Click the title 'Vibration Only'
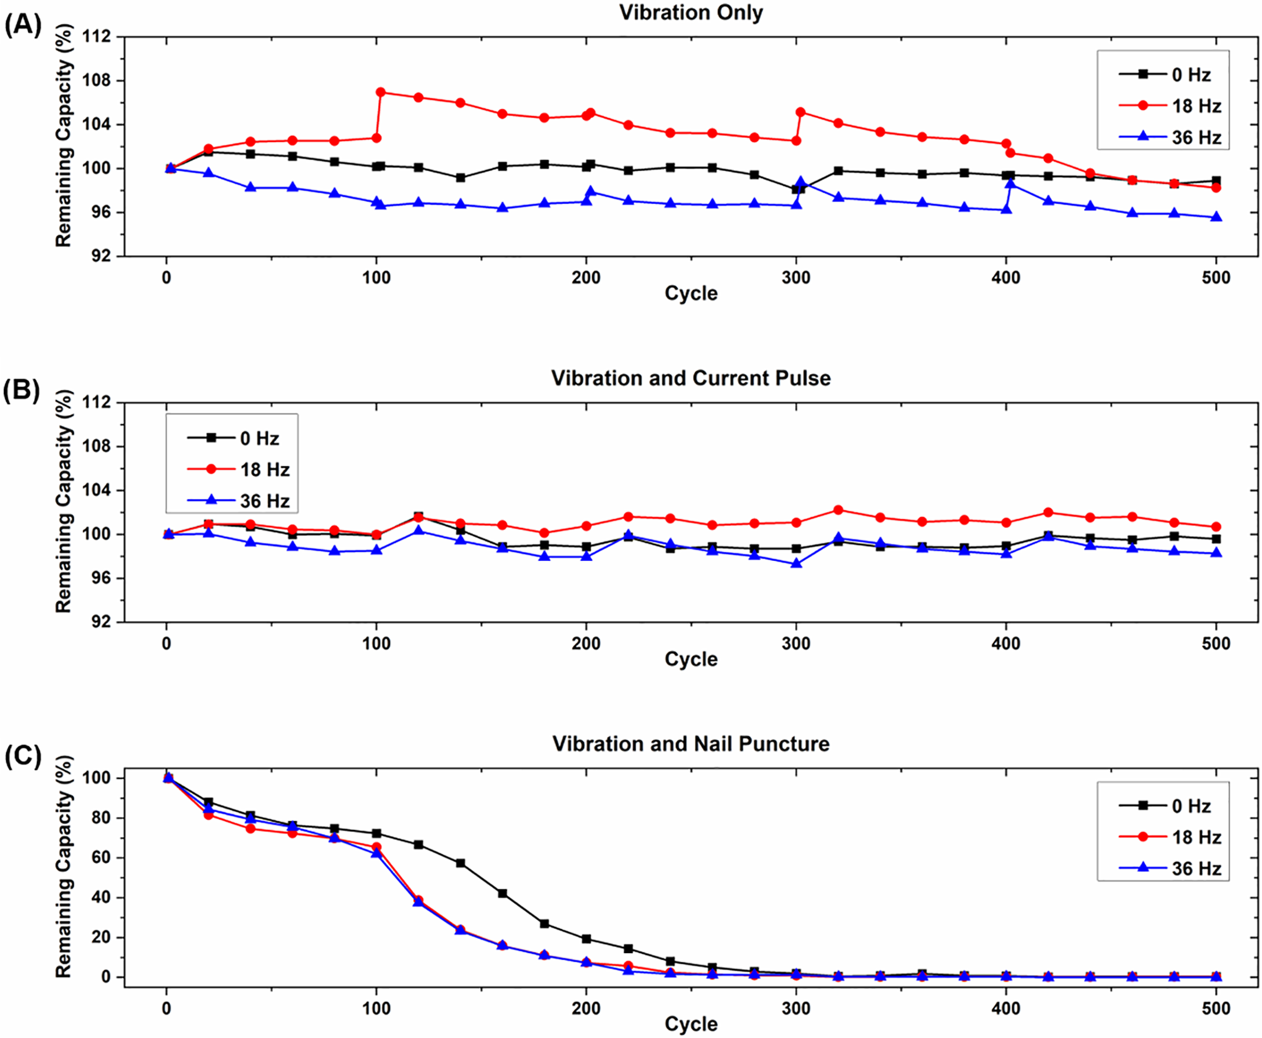click(691, 13)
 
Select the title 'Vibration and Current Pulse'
click(691, 378)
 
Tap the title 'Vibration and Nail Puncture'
click(691, 744)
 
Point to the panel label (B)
click(23, 390)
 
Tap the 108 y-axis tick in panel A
click(96, 80)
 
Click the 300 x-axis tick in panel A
click(796, 278)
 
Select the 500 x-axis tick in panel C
click(1216, 1009)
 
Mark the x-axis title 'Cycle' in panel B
click(691, 659)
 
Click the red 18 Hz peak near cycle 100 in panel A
click(381, 92)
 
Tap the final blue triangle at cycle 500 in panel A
click(1216, 217)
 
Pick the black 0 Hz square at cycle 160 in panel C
click(502, 894)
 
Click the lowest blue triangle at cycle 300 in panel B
click(796, 564)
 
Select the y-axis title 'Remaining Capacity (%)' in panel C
click(63, 866)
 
